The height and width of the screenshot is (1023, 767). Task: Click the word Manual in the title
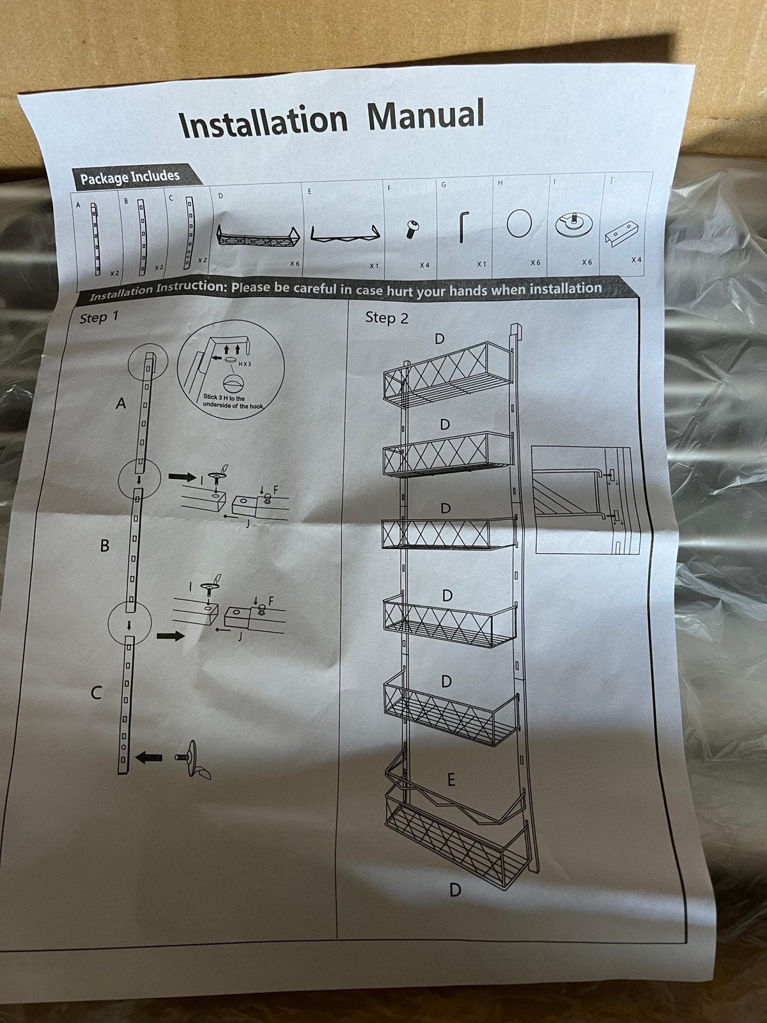click(426, 114)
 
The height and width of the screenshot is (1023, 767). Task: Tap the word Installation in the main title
click(263, 121)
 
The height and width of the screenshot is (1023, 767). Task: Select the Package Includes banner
click(135, 176)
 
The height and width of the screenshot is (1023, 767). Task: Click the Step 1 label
click(98, 318)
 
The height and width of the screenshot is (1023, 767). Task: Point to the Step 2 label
click(387, 317)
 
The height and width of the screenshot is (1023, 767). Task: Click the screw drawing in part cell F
click(411, 230)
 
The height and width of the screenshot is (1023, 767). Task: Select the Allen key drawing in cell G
click(464, 227)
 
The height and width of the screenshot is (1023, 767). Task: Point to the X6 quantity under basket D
click(294, 264)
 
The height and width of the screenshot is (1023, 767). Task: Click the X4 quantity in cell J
click(636, 260)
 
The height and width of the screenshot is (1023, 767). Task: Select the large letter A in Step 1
click(121, 403)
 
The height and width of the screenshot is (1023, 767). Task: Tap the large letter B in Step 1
click(105, 545)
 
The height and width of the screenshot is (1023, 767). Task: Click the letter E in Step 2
click(451, 779)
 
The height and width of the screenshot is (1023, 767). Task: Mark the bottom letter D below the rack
click(455, 890)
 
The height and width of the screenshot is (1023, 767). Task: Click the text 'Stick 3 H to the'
click(224, 398)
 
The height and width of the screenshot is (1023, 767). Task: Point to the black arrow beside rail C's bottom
click(149, 758)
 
